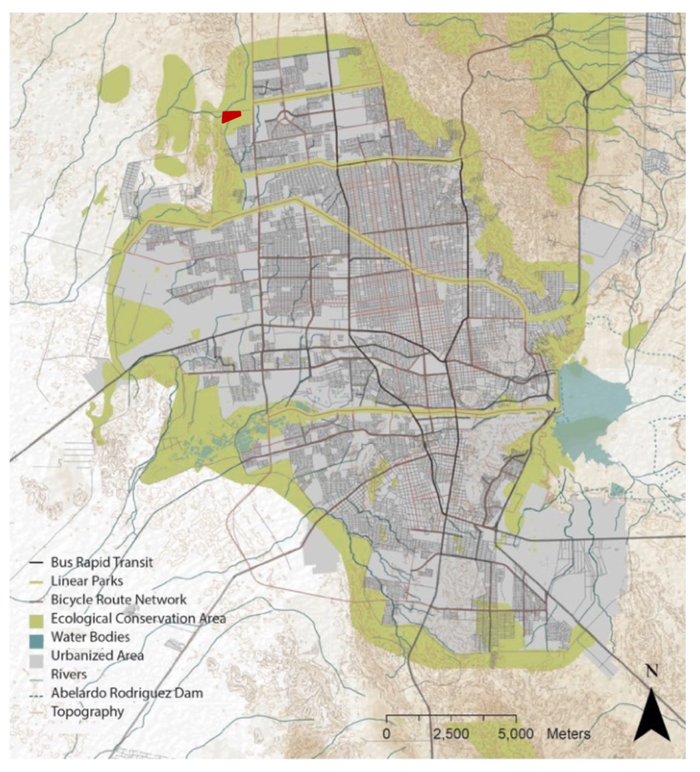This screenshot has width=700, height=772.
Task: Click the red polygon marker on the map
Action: [x=231, y=116]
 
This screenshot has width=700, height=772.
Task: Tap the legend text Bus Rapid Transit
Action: [x=102, y=562]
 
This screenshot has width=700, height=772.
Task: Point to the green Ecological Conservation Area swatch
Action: [x=36, y=619]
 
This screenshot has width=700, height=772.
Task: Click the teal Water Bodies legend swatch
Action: [x=36, y=638]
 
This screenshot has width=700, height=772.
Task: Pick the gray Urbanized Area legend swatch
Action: [x=36, y=656]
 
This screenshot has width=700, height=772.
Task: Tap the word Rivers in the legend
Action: [x=69, y=674]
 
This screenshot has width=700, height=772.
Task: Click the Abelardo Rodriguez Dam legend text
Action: [x=127, y=693]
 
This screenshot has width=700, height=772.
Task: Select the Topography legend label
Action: [x=88, y=711]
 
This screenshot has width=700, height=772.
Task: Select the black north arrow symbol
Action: [x=651, y=716]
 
